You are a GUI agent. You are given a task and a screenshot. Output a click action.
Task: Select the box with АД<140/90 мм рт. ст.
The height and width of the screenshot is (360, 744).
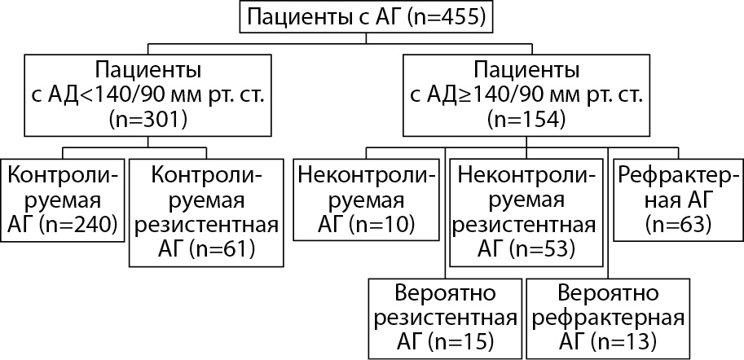click(147, 94)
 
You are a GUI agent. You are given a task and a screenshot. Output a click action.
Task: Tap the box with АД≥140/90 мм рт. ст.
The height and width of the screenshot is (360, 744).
click(526, 94)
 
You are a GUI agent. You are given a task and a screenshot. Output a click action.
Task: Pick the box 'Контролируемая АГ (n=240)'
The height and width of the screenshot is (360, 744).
click(64, 200)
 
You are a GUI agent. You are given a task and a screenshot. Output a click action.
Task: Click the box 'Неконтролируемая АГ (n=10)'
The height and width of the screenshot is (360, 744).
click(366, 200)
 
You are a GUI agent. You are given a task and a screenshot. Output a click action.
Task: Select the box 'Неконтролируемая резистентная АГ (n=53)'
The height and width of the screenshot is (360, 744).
click(526, 211)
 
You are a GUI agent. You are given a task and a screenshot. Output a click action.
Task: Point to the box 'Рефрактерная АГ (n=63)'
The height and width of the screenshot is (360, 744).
click(677, 200)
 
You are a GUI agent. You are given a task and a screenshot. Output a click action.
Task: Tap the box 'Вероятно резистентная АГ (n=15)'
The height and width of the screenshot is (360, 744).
click(444, 315)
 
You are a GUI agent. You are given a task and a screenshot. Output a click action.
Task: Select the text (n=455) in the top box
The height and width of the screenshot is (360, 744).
click(446, 17)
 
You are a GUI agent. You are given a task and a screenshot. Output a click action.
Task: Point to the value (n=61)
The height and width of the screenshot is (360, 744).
click(222, 248)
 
